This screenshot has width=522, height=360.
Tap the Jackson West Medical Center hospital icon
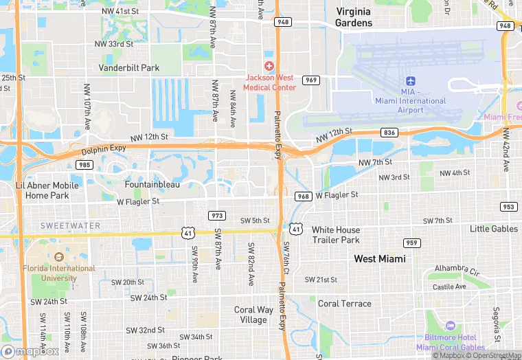click(x=270, y=65)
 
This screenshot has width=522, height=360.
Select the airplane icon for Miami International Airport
click(x=411, y=82)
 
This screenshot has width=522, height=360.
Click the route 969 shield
click(x=311, y=80)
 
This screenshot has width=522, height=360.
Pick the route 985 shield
click(x=85, y=165)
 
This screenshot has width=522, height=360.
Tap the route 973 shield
click(x=217, y=215)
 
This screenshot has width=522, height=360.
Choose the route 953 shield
click(x=508, y=207)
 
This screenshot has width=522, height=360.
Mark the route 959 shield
click(x=412, y=243)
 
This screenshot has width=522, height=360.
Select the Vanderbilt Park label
click(x=129, y=68)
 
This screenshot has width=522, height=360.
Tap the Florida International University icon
click(x=58, y=257)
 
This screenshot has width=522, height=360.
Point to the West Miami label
click(x=380, y=259)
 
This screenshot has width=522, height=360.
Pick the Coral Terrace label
click(x=344, y=304)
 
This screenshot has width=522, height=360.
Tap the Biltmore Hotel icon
click(x=451, y=325)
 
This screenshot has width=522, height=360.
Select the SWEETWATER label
click(x=65, y=226)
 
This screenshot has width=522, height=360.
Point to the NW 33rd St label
click(x=114, y=44)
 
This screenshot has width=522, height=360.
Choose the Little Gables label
click(x=493, y=229)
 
